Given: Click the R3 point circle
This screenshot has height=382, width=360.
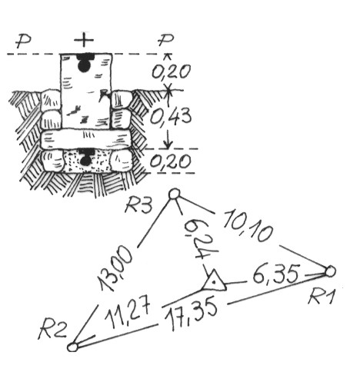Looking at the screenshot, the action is tap(175, 194).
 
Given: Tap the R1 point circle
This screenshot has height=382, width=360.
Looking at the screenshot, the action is tap(330, 271).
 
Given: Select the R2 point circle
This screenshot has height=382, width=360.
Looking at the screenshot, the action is tap(72, 347).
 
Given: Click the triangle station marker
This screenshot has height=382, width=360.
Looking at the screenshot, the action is tap(215, 281).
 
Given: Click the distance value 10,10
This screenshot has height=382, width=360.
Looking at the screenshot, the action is tap(248, 225).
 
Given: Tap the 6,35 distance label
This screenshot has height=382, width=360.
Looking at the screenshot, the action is tap(276, 274).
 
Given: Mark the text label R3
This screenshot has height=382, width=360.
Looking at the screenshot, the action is tap(138, 205).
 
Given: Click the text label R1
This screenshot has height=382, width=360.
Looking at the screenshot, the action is tap(322, 297).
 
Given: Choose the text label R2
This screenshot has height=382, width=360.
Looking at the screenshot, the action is tap(53, 331).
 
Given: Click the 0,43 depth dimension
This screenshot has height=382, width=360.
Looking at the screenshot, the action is tap(171, 117).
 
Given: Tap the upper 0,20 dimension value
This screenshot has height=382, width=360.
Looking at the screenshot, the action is tap(172, 71).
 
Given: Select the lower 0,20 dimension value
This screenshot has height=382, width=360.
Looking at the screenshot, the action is tap(171, 161).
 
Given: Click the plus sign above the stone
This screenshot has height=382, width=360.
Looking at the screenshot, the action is tap(84, 40).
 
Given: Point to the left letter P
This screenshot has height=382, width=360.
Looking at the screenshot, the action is tap(23, 41).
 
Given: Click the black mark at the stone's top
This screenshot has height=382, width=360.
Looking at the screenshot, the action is tap(85, 62).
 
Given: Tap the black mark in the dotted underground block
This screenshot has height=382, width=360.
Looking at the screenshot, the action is tap(85, 157).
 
